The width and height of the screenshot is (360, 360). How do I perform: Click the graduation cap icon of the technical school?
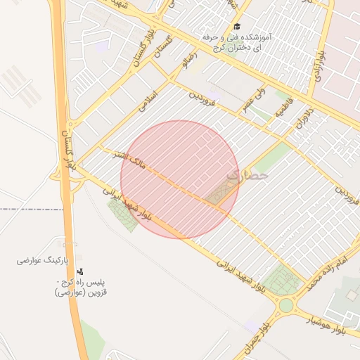click(x=236, y=25)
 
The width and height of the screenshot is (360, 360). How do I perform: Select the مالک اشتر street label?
click(x=132, y=162)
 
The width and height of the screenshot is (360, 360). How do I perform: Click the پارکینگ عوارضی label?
click(x=42, y=261)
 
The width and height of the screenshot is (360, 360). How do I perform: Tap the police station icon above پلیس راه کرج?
click(x=79, y=271)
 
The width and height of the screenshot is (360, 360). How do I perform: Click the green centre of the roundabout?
click(x=286, y=305)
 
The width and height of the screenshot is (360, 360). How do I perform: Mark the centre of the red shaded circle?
click(x=180, y=179)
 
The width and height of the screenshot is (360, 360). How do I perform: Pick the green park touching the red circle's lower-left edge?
click(x=122, y=214)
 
